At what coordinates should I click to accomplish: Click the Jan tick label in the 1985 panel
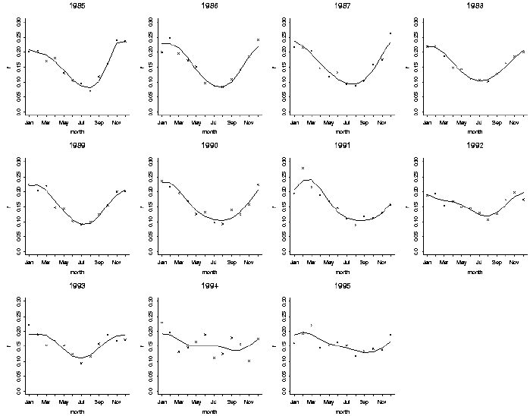tap(30, 122)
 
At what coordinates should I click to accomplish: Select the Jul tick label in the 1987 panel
tap(347, 122)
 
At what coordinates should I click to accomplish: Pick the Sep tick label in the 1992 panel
tap(497, 261)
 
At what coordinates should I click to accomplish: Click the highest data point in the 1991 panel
tap(303, 168)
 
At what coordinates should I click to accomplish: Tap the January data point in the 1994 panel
tap(162, 323)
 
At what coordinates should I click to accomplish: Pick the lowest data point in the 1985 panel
tap(90, 90)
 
